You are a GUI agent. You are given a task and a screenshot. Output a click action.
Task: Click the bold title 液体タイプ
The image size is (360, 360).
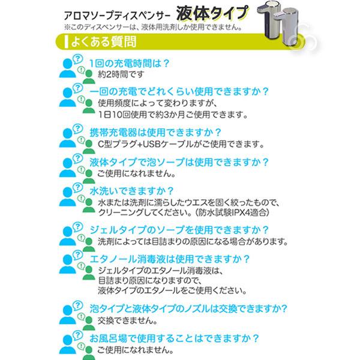pyautogui.click(x=212, y=13)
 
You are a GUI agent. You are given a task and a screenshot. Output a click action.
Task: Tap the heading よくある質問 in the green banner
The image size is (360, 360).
pyautogui.click(x=104, y=42)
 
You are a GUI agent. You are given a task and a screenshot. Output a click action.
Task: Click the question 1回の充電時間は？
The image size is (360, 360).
pyautogui.click(x=130, y=64)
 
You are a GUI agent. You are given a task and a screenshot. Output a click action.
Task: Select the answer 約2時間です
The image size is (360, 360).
pyautogui.click(x=121, y=74)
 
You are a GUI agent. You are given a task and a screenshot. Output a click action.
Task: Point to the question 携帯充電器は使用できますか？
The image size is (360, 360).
pyautogui.click(x=155, y=133)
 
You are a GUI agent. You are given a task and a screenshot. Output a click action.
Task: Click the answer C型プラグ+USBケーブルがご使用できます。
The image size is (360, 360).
pyautogui.click(x=181, y=144)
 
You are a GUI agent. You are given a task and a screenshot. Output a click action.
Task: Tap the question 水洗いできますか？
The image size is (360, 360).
pyautogui.click(x=131, y=191)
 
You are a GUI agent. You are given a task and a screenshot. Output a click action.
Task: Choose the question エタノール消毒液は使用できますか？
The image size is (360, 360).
pyautogui.click(x=170, y=259)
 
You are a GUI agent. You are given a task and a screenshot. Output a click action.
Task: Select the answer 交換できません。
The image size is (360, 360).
pyautogui.click(x=127, y=321)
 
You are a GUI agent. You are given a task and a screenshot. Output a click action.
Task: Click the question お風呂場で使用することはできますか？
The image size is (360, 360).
pyautogui.click(x=175, y=338)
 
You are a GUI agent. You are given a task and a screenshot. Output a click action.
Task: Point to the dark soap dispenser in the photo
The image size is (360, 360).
pyautogui.click(x=268, y=20)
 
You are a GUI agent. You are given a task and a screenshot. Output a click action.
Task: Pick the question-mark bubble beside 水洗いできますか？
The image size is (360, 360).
pyautogui.click(x=78, y=188)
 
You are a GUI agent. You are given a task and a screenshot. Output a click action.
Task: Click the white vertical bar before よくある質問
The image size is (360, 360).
pyautogui.click(x=67, y=42)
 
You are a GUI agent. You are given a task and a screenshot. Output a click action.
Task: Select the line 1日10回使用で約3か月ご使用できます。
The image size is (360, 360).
pyautogui.click(x=173, y=115)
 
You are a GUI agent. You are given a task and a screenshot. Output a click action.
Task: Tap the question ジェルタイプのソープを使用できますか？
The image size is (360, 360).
pyautogui.click(x=179, y=230)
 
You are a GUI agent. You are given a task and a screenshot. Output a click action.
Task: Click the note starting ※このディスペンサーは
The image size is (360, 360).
pyautogui.click(x=154, y=28)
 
